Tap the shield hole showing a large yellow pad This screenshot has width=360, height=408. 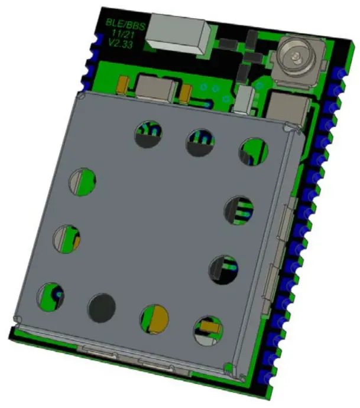coord(154,319)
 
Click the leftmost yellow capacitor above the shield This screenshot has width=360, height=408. coord(123,86)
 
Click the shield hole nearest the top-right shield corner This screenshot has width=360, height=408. coord(254,152)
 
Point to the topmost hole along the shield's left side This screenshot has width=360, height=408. coord(83,182)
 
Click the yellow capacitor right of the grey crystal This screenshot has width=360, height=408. coord(186,93)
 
